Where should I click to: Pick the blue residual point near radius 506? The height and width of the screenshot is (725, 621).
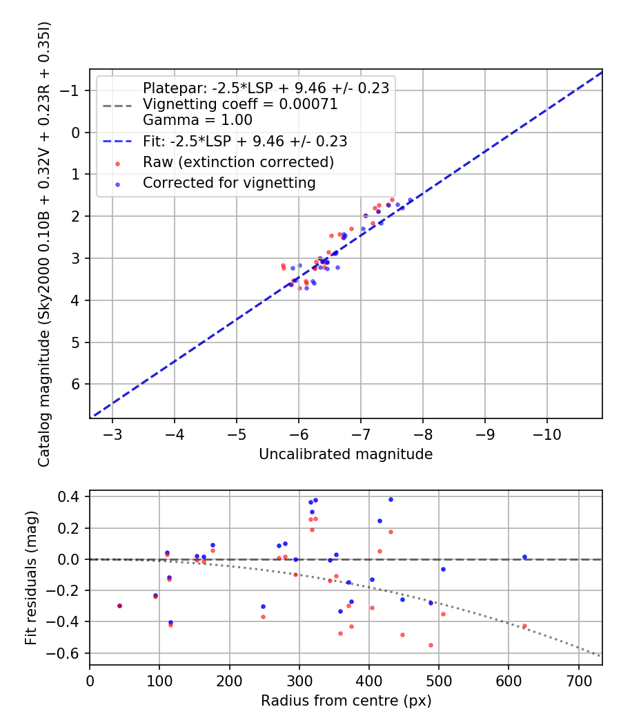point(443,569)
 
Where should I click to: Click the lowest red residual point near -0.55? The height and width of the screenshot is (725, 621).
point(431,645)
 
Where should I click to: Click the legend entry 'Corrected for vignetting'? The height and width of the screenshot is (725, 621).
point(229,183)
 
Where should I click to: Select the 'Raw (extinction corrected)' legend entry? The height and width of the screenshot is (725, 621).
point(238,162)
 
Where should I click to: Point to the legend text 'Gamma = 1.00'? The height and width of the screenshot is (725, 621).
point(197,119)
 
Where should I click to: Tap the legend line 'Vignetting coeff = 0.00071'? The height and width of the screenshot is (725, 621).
point(240,104)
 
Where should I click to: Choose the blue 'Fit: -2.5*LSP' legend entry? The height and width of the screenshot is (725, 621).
point(244,141)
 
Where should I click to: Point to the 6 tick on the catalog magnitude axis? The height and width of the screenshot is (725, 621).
point(77,384)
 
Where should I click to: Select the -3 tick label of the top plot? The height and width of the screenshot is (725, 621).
point(112,435)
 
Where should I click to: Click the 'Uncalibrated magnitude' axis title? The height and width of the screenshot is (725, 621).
point(346,454)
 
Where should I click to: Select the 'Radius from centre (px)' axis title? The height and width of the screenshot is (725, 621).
point(346,700)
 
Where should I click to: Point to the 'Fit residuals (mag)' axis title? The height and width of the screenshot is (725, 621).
point(30,577)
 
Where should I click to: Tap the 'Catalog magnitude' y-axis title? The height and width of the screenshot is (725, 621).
point(44,243)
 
